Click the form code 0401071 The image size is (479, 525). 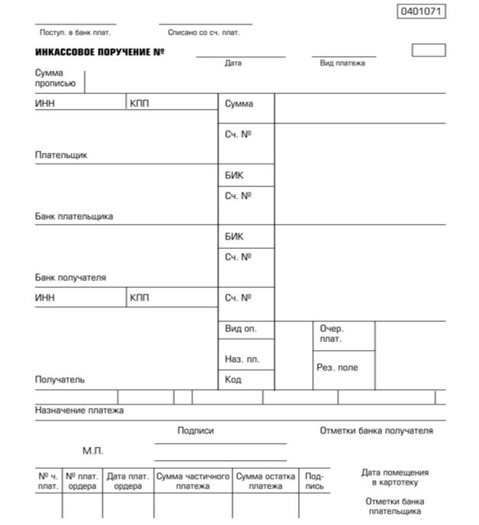tap(422, 11)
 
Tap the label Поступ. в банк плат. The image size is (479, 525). tap(75, 33)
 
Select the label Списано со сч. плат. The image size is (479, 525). tap(204, 33)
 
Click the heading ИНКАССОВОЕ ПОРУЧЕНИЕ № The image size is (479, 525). tap(99, 52)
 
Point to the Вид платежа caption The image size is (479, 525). tap(342, 63)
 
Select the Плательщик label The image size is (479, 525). tap(61, 155)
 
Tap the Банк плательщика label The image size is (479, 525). tap(74, 216)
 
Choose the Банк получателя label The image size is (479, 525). tap(70, 278)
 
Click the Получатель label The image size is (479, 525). tap(60, 379)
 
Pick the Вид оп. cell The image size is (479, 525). tap(241, 329)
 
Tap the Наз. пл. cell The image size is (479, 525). tap(242, 359)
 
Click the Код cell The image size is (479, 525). tap(233, 379)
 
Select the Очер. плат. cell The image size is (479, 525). tap(332, 334)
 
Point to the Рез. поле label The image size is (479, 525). tap(337, 367)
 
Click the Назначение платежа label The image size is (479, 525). tap(79, 411)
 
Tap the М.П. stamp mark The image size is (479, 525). tap(92, 451)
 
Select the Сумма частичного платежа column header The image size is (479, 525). tap(193, 482)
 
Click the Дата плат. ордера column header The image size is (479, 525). tap(128, 482)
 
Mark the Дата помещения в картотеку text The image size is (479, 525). tap(395, 478)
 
